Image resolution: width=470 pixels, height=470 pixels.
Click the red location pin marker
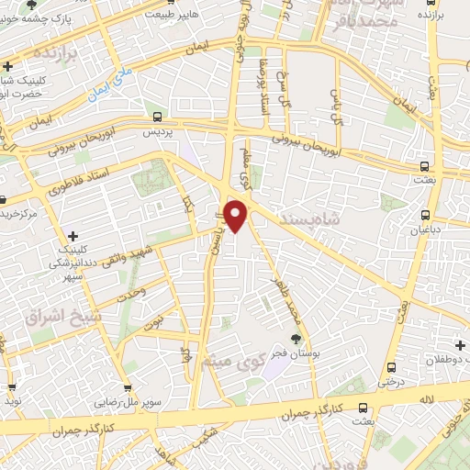[237, 215]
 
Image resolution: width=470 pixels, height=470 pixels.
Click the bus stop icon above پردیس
[156, 117]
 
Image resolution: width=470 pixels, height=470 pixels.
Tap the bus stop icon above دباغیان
[425, 216]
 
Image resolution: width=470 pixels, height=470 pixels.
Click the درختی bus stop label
[393, 380]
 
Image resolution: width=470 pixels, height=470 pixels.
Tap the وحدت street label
[134, 293]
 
